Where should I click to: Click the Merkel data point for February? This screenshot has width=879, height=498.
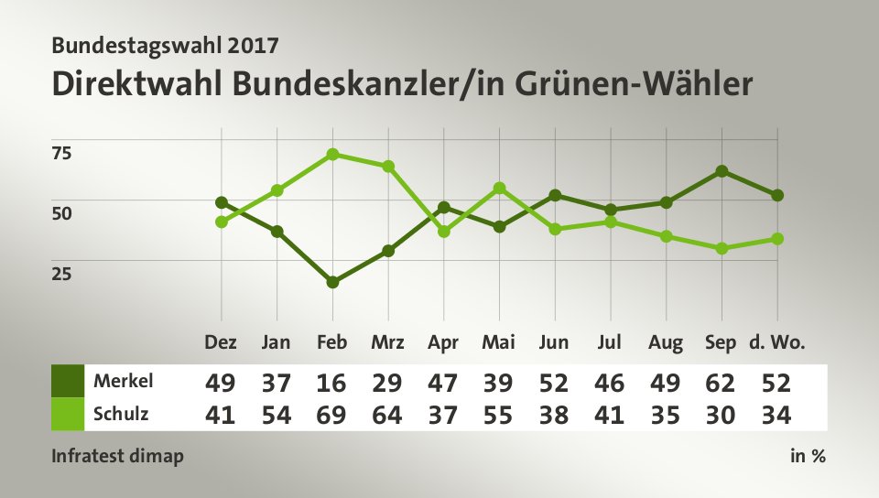click(x=332, y=282)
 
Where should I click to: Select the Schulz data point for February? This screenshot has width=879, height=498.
click(x=332, y=154)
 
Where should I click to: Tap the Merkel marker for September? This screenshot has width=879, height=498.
click(x=722, y=171)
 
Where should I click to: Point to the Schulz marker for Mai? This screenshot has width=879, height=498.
click(x=499, y=188)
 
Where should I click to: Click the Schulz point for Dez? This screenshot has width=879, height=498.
click(x=222, y=222)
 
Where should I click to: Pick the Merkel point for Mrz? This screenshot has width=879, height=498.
click(x=388, y=251)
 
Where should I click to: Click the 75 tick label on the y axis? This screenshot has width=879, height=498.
click(x=60, y=152)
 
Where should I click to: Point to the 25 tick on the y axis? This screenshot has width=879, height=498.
click(x=60, y=273)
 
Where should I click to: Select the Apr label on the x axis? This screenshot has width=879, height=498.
click(x=443, y=343)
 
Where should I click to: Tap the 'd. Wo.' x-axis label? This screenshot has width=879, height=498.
click(x=777, y=343)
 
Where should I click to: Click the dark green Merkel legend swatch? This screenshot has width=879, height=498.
click(x=67, y=380)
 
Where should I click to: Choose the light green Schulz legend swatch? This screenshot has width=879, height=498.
click(x=67, y=414)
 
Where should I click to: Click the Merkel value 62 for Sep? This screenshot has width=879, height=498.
click(x=722, y=381)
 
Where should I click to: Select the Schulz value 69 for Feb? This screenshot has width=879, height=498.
click(x=332, y=415)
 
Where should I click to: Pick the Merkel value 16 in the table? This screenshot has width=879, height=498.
click(x=332, y=381)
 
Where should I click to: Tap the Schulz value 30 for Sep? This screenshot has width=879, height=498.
click(x=722, y=415)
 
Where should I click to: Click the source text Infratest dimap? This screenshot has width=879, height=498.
click(x=117, y=456)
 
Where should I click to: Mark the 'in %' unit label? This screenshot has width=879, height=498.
click(x=808, y=456)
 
